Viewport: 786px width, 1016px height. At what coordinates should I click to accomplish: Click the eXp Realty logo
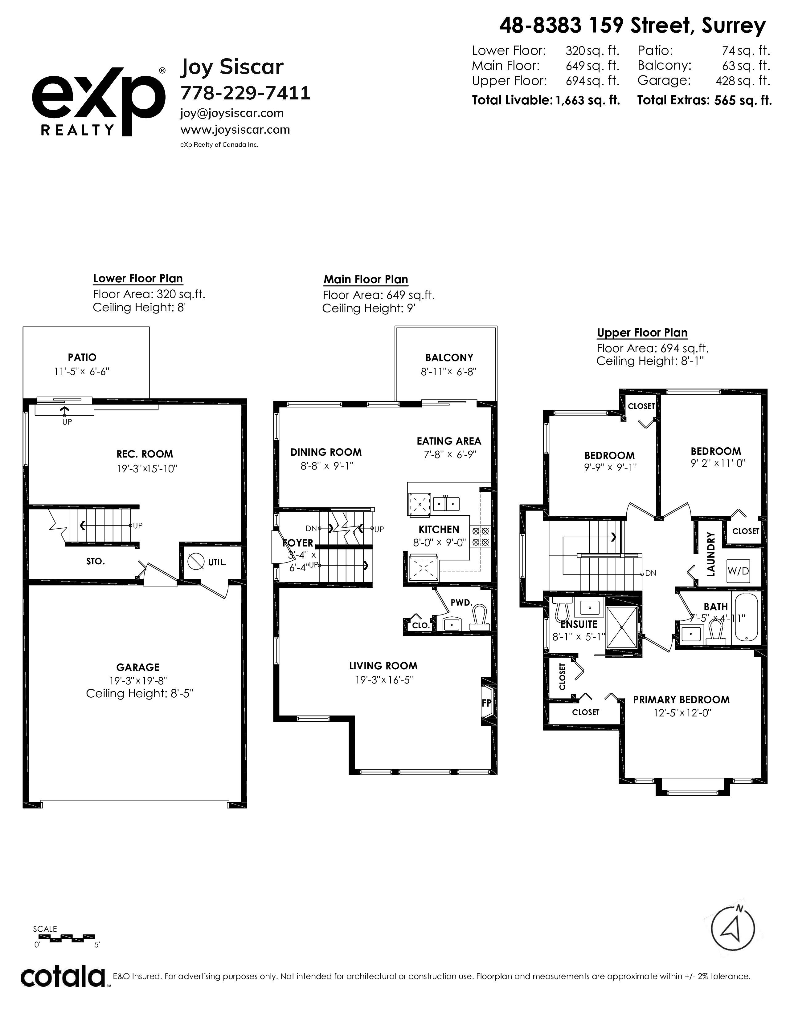(98, 101)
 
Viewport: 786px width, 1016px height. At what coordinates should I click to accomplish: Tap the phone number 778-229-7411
(245, 93)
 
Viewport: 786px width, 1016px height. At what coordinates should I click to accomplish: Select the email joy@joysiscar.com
(232, 113)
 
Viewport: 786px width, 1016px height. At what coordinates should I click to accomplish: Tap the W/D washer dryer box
(738, 571)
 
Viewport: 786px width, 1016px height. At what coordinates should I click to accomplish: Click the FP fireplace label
(486, 703)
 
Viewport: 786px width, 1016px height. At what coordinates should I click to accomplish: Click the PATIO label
(82, 357)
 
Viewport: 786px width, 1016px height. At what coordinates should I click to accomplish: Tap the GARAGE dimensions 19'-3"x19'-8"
(138, 681)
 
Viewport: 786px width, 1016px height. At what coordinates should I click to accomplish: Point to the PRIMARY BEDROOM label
(681, 700)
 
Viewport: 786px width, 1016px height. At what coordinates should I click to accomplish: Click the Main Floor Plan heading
(366, 280)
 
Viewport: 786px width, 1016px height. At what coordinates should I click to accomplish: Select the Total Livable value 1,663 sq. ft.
(587, 100)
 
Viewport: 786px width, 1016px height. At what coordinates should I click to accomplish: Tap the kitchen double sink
(446, 504)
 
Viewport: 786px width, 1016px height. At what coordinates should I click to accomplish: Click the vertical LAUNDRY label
(710, 554)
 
